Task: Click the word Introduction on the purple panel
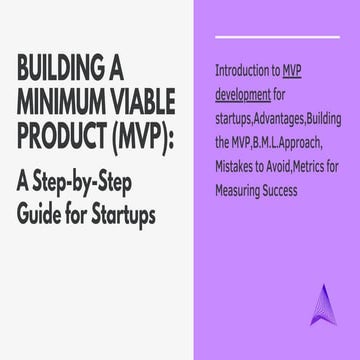pos(246,71)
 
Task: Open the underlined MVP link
pos(292,71)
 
